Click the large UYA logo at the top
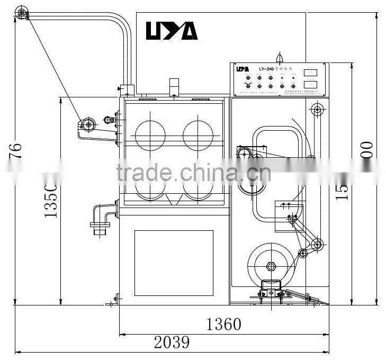click(x=172, y=31)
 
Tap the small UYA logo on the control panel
click(x=242, y=69)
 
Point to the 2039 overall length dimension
click(x=172, y=343)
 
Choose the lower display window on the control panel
click(x=311, y=84)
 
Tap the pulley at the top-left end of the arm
click(x=22, y=13)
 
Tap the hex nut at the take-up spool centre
click(x=271, y=266)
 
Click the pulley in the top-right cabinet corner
click(x=317, y=110)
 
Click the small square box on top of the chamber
click(x=175, y=86)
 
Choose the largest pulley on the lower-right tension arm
click(x=317, y=244)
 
